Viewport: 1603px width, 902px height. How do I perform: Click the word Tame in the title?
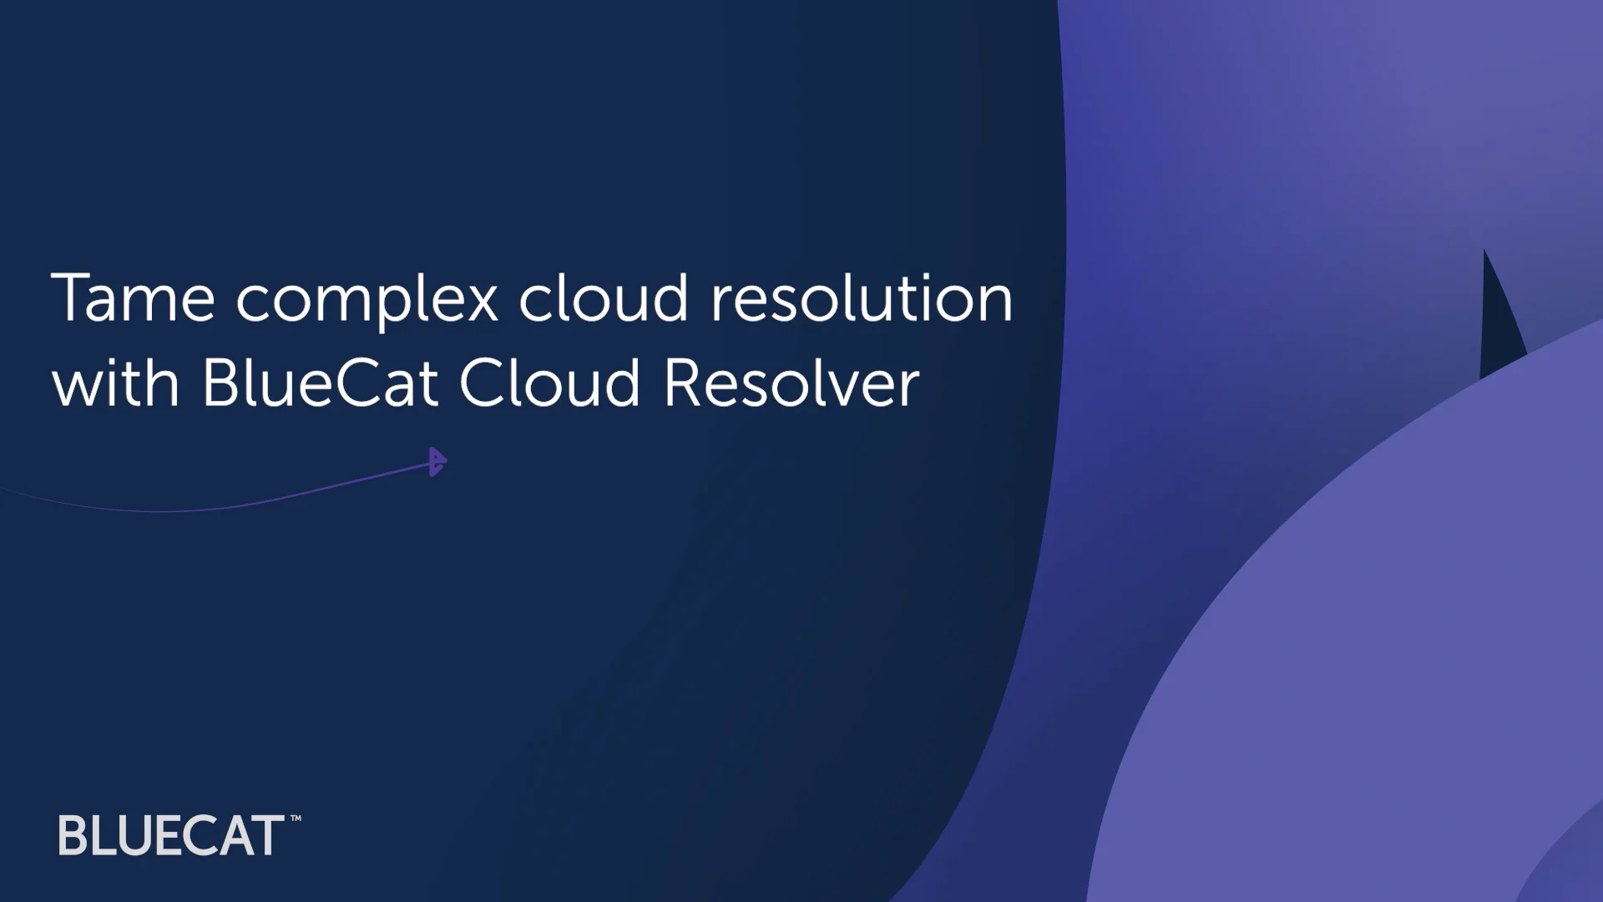pos(134,298)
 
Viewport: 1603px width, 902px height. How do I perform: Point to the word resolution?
pos(861,298)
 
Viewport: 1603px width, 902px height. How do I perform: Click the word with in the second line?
pos(115,383)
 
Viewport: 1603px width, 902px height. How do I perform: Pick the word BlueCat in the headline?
pos(320,383)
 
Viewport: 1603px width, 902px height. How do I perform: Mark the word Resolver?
pos(791,383)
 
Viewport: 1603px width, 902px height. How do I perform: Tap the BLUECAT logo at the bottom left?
pos(171,835)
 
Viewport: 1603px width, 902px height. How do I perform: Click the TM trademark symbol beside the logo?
pos(295,819)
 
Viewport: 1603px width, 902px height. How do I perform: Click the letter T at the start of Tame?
pos(70,298)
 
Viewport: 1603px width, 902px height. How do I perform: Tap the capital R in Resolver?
pos(683,383)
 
